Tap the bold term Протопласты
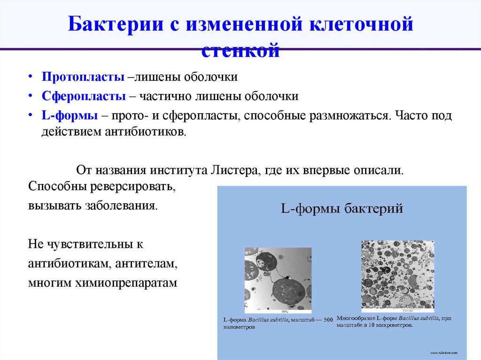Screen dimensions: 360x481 (83, 77)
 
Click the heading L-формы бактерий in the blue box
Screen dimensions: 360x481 (342, 208)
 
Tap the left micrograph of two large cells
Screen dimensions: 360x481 (278, 280)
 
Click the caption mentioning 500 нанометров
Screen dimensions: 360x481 (277, 323)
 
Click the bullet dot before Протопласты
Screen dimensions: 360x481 (30, 77)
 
